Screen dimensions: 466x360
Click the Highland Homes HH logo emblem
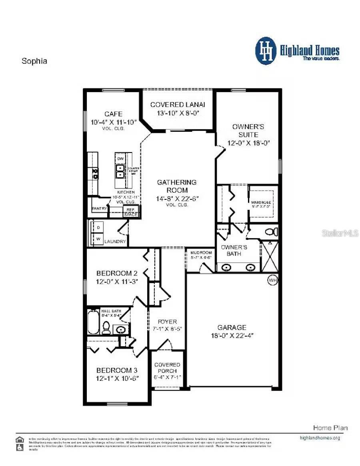266,51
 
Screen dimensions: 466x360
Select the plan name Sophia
34,61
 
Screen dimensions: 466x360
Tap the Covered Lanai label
178,104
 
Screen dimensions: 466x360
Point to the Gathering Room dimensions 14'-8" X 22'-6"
177,198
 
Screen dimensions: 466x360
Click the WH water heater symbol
272,280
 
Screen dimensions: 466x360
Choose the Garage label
232,327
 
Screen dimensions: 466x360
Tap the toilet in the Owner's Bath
272,231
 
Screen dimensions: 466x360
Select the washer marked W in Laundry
98,239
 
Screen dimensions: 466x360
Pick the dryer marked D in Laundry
98,227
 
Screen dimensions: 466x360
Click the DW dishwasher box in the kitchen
120,159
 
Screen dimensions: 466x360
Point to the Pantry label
99,209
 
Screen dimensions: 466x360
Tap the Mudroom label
201,253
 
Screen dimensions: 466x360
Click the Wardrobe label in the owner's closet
261,203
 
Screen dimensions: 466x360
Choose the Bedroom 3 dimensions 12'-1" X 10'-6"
117,378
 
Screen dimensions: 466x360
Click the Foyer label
167,321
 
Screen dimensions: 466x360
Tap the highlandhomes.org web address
320,438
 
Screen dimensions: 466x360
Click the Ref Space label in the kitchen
130,212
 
